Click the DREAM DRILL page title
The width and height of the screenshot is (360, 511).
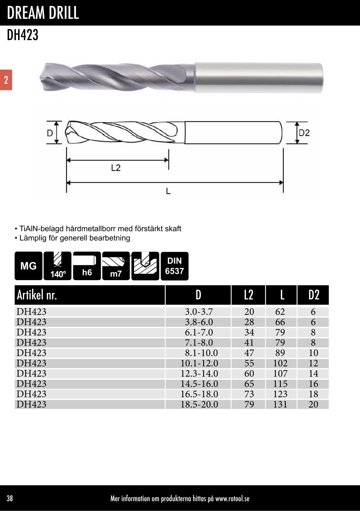pos(43,13)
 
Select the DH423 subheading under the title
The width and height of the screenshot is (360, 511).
pos(23,35)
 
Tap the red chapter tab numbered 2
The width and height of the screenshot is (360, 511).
pos(6,80)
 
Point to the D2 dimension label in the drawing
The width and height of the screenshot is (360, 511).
pos(304,133)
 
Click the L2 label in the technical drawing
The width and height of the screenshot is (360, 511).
pos(116,168)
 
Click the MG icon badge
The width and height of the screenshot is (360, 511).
pos(29,266)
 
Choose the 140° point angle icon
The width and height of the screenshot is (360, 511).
pos(57,266)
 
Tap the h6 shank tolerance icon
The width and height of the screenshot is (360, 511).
pos(87,266)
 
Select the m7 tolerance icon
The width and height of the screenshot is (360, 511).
pos(116,266)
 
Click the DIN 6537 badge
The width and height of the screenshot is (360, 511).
pos(175,266)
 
